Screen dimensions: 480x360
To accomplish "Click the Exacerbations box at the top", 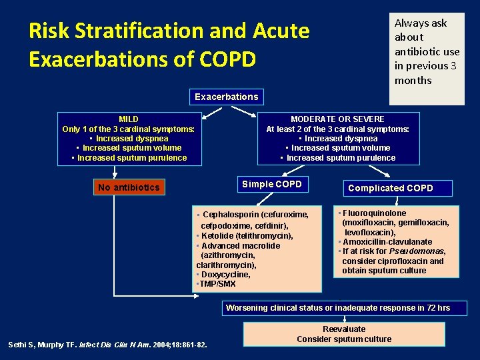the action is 226,97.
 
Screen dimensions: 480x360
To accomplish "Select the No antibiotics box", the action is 129,187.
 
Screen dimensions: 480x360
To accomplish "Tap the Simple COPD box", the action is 271,184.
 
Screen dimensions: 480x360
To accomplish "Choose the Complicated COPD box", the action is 390,188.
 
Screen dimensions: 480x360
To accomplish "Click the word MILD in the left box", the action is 128,119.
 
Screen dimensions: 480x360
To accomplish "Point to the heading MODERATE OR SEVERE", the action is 337,119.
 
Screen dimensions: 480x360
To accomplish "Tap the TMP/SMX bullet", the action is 217,283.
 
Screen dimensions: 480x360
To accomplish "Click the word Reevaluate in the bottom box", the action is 344,329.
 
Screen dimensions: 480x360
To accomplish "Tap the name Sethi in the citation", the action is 19,345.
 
